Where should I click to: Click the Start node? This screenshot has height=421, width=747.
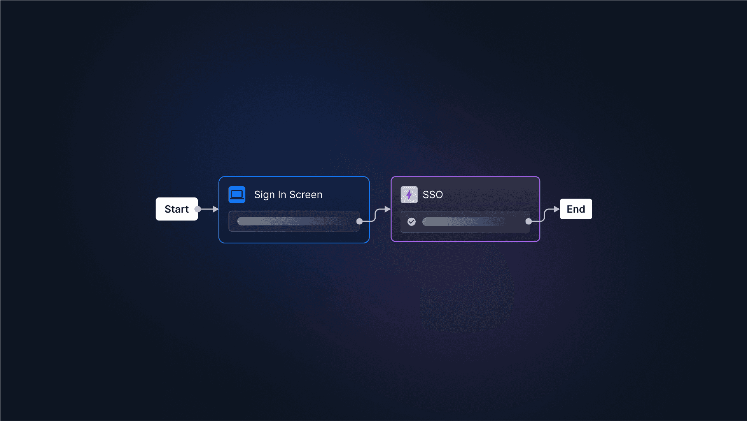click(177, 209)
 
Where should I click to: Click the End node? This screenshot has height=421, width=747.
click(576, 209)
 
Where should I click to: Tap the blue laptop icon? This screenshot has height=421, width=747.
click(237, 194)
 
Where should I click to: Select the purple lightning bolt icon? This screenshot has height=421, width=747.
click(409, 194)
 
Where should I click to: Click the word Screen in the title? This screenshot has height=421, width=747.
click(306, 195)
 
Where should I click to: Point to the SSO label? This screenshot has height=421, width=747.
click(432, 195)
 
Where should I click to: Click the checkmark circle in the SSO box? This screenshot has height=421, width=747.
click(411, 222)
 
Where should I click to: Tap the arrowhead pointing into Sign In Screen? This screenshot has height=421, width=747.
click(215, 209)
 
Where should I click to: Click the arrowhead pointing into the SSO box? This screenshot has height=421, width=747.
click(387, 209)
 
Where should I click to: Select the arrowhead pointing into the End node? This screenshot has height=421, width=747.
click(556, 209)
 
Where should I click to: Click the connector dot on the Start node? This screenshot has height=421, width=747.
click(198, 209)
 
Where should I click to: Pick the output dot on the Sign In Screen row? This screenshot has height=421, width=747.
click(360, 221)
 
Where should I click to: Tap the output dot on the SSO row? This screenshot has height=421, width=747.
click(528, 221)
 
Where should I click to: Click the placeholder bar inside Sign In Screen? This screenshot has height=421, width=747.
click(292, 221)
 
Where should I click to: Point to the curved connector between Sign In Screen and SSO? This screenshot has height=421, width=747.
click(375, 215)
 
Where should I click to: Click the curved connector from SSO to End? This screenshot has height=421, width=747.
click(544, 215)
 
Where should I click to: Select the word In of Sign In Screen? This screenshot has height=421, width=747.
click(282, 195)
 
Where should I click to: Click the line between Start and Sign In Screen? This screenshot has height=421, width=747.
click(206, 209)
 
